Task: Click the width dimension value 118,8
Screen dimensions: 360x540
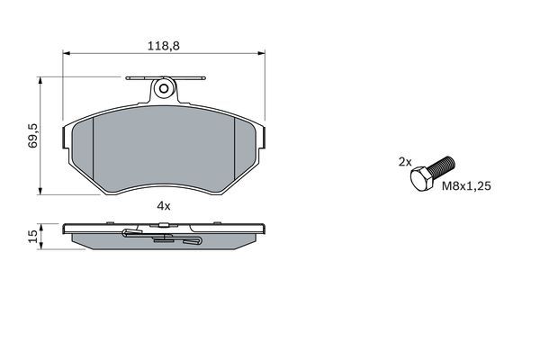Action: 163,45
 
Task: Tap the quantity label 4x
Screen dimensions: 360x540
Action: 163,206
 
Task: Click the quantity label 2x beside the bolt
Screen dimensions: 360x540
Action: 405,162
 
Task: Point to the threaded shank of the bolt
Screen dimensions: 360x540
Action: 443,166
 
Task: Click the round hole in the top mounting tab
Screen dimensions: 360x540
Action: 163,88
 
